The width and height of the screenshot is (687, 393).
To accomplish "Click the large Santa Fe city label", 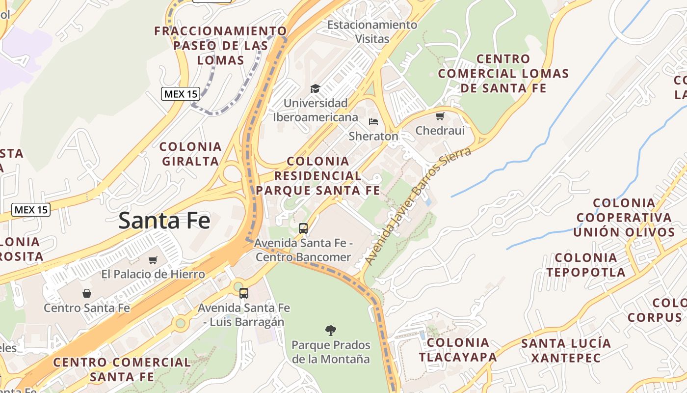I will click(x=164, y=221).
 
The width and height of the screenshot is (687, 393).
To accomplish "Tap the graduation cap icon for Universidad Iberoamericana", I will click(x=315, y=88).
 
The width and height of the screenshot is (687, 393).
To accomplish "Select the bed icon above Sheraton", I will click(x=373, y=121).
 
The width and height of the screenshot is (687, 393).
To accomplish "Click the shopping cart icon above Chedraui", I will click(x=440, y=116).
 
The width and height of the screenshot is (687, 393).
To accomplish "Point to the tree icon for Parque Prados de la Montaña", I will click(x=331, y=330).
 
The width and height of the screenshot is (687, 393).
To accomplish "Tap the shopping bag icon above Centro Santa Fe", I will click(x=87, y=293).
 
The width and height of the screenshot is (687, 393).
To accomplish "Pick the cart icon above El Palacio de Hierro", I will click(x=153, y=260).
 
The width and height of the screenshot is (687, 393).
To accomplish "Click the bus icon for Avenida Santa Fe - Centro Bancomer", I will click(x=303, y=228).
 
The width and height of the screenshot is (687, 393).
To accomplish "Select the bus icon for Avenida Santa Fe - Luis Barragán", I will click(x=244, y=293).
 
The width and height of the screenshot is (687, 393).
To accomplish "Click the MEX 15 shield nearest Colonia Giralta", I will click(x=181, y=93).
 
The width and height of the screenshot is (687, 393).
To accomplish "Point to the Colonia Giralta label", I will click(x=190, y=154).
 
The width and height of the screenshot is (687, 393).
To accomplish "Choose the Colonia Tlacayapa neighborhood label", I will click(x=458, y=350).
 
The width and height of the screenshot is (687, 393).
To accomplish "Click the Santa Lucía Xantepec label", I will click(x=566, y=350).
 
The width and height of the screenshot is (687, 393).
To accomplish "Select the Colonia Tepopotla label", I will click(x=586, y=265).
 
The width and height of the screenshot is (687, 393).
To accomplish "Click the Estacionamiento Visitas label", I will click(x=372, y=31).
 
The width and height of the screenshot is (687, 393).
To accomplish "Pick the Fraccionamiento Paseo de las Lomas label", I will click(x=220, y=46).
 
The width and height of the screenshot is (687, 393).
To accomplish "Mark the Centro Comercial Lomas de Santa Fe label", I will click(x=503, y=74).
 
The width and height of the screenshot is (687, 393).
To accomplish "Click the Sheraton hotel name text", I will click(x=373, y=136).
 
